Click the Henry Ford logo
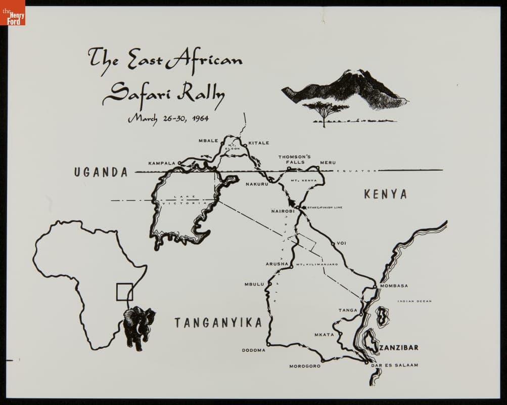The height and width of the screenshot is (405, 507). coord(13,13)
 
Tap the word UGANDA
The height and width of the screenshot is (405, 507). coord(101,172)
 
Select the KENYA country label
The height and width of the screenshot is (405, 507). coord(385,194)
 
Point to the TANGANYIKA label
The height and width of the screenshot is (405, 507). coord(218,322)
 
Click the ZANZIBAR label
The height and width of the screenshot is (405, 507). coord(399,347)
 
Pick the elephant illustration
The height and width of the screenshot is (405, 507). coord(139,327)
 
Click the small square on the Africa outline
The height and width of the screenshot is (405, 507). coord(124,292)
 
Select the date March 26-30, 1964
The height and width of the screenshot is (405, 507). coord(168,118)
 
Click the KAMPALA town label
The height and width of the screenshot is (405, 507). coord(162,163)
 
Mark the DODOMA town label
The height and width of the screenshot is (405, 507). coord(254,350)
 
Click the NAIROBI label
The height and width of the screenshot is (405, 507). coord(283,211)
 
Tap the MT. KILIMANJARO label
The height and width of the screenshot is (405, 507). coord(317,264)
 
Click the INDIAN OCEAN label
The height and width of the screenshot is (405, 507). coord(414,301)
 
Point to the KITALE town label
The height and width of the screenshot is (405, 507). coord(259,143)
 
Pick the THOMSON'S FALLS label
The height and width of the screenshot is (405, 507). coord(295,159)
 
